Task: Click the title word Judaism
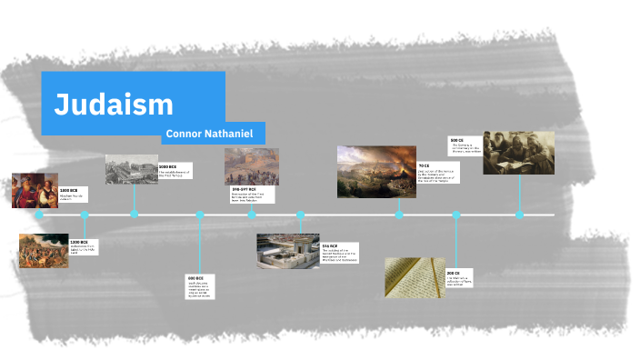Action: pyautogui.click(x=114, y=105)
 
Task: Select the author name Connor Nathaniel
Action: pyautogui.click(x=214, y=134)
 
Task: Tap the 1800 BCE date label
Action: pyautogui.click(x=70, y=189)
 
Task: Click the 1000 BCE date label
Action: pyautogui.click(x=167, y=167)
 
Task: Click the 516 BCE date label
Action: pyautogui.click(x=329, y=245)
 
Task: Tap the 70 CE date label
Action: pyautogui.click(x=424, y=165)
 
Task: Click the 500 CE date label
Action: pyautogui.click(x=456, y=140)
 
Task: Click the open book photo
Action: pyautogui.click(x=415, y=276)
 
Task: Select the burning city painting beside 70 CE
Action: pyautogui.click(x=376, y=172)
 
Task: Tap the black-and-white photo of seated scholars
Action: pyautogui.click(x=518, y=152)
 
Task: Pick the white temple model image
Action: pyautogui.click(x=287, y=251)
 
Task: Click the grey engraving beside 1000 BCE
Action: pyautogui.click(x=131, y=169)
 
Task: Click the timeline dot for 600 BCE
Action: pyautogui.click(x=200, y=215)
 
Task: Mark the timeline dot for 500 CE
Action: pyautogui.click(x=519, y=215)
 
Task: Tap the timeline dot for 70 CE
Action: pyautogui.click(x=399, y=215)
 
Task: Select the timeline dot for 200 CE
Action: pyautogui.click(x=456, y=215)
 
